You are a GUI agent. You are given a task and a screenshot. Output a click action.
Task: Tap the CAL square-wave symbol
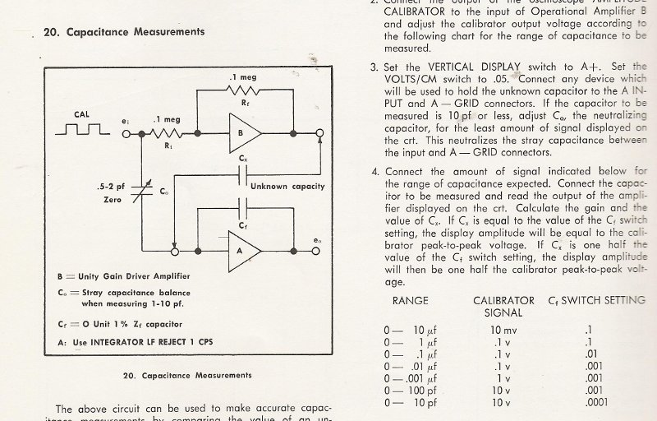point(82,129)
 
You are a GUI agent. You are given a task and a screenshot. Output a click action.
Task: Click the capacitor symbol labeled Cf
point(241,205)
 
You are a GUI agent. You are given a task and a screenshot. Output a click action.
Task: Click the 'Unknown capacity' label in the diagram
point(287,186)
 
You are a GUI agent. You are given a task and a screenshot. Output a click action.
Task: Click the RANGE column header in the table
point(411,301)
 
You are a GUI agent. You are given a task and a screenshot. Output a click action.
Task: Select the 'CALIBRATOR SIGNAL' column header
point(503,307)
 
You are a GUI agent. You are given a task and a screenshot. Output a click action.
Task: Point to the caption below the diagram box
point(186,376)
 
